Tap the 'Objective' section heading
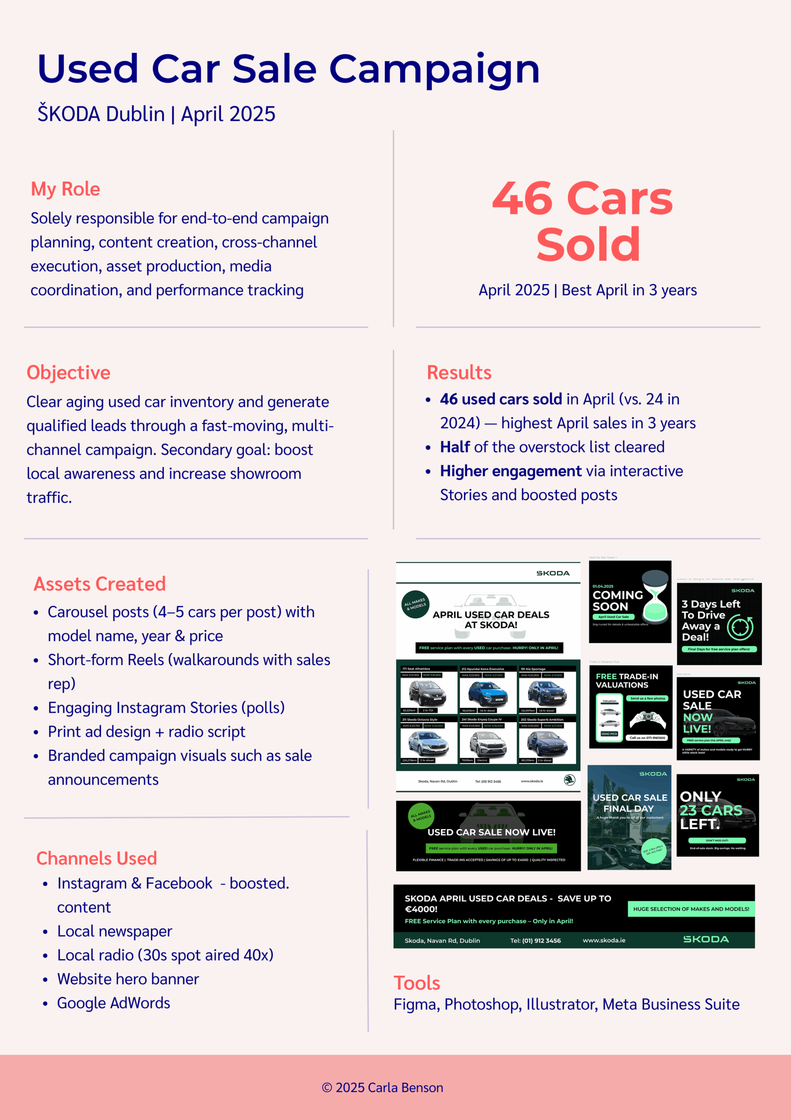tap(68, 373)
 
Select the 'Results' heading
tap(459, 373)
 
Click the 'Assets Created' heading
tap(100, 584)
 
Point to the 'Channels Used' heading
tap(97, 858)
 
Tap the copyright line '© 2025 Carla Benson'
tap(382, 1088)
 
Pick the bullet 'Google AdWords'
tap(114, 1003)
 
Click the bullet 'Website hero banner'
tap(128, 979)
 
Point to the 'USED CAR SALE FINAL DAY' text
tap(630, 803)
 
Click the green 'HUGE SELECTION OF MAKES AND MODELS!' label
tap(690, 909)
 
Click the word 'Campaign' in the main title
tap(434, 69)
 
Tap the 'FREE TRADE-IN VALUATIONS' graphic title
tap(627, 680)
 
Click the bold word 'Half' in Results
tap(455, 447)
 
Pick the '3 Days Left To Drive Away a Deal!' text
tap(710, 620)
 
